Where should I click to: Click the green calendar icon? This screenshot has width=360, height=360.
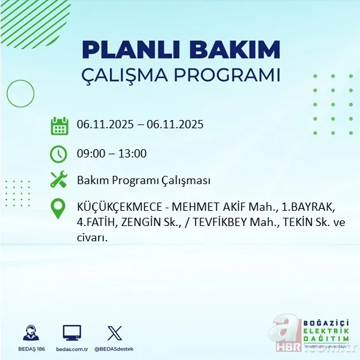59,125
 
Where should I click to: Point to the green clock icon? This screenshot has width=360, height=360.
58,153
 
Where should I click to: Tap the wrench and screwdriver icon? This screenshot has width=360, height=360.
59,180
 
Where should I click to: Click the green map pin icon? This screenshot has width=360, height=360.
58,209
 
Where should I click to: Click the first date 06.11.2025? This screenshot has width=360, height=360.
105,124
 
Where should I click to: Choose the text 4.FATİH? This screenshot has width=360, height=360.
95,223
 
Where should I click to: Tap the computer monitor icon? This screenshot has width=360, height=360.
72,333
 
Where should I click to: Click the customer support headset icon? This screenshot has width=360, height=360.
30,333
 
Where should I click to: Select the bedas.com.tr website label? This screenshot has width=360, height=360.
72,349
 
